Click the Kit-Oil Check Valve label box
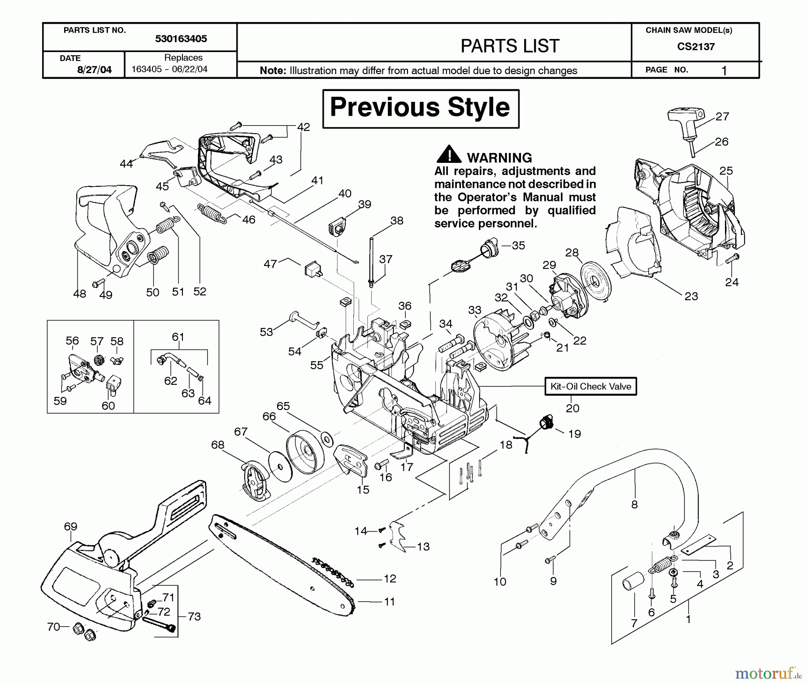point(590,386)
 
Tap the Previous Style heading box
point(421,108)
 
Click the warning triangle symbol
point(448,155)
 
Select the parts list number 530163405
point(181,39)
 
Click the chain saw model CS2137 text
point(696,47)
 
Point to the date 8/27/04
point(94,70)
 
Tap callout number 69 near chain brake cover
point(70,526)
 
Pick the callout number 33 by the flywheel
point(474,310)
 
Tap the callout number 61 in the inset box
point(178,337)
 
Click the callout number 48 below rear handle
point(79,294)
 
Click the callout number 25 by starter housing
point(726,171)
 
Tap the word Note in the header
point(273,70)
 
